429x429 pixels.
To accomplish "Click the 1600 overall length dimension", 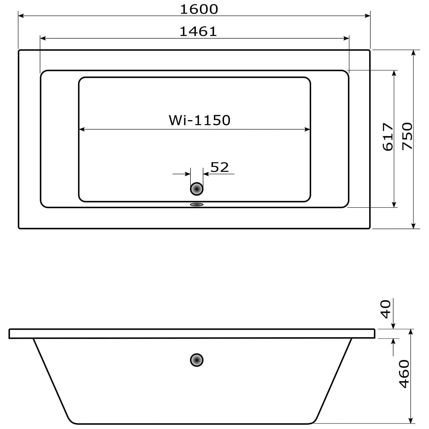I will [x=199, y=9].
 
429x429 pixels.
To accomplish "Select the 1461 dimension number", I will [x=198, y=31].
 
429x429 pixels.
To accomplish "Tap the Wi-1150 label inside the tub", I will [x=199, y=120].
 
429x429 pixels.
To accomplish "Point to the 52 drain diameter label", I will [x=220, y=167].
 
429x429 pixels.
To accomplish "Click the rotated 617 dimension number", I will [x=388, y=137].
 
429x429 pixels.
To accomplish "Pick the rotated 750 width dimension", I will [x=407, y=136].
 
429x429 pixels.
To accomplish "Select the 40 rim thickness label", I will [x=386, y=309].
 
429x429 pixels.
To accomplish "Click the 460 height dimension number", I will [x=404, y=374].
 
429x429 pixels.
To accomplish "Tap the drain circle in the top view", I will [x=197, y=189].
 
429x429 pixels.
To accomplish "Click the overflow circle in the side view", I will [x=197, y=360].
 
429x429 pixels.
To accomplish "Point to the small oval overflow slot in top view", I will [x=197, y=204].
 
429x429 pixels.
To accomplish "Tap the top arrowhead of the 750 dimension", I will [x=413, y=53].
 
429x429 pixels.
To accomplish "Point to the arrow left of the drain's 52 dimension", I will [x=188, y=174].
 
